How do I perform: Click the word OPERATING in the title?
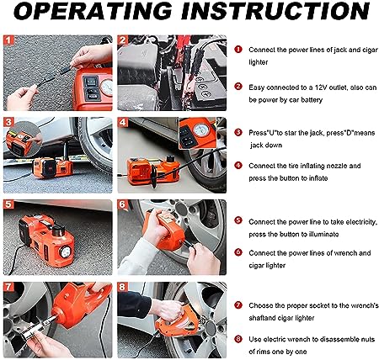click(92, 11)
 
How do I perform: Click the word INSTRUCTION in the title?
click(275, 11)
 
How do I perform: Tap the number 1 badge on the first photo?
click(8, 40)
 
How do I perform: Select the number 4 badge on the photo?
click(123, 122)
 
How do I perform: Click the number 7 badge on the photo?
click(8, 287)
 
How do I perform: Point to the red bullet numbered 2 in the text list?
click(238, 87)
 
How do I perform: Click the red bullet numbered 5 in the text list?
click(238, 220)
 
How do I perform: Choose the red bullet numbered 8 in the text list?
click(238, 339)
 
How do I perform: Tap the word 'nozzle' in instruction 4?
click(335, 166)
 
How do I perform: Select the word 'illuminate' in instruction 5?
click(323, 234)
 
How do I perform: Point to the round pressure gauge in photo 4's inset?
click(201, 130)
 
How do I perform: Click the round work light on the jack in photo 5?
click(66, 252)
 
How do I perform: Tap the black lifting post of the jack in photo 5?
click(58, 230)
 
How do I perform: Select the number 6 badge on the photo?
click(123, 204)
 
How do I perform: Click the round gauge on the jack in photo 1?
click(108, 87)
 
